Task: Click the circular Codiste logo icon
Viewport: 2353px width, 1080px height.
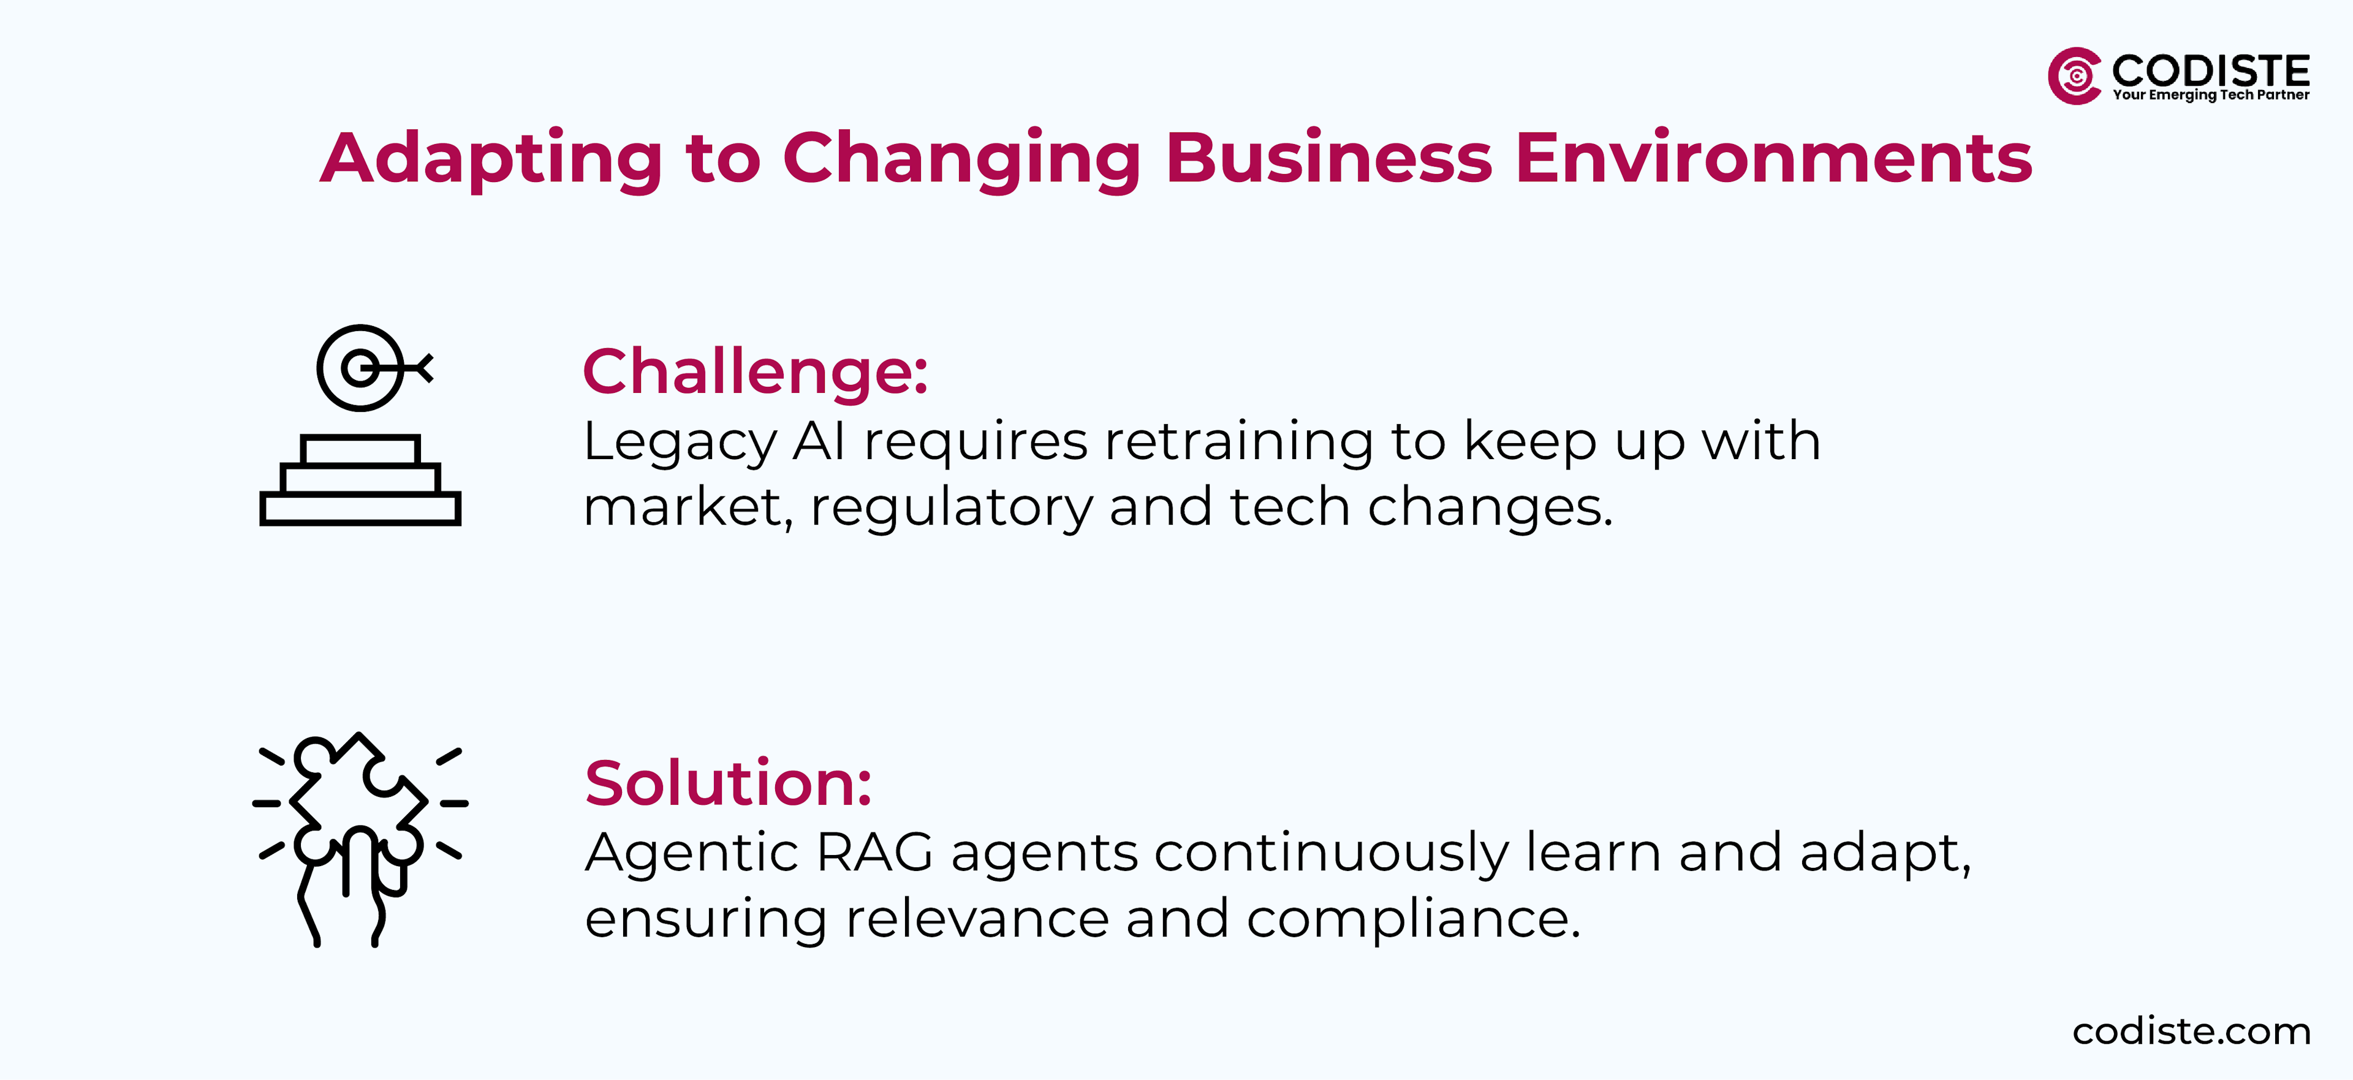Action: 2074,76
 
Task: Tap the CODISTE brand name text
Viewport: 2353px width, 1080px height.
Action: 2210,70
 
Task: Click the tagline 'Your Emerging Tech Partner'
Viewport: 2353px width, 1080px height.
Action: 2210,95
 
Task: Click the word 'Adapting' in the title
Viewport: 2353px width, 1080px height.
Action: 491,159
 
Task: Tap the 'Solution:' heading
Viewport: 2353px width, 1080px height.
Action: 728,783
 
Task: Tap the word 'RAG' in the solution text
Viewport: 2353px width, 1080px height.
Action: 874,853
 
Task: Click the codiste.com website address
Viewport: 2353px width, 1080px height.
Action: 2191,1032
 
